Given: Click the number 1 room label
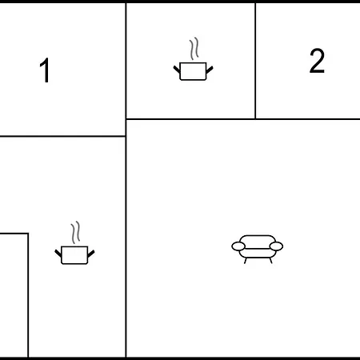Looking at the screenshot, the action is click(45, 70).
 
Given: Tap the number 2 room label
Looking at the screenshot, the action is click(317, 61).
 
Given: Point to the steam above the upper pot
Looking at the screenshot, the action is click(194, 49).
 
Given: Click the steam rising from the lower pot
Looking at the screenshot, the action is click(75, 232).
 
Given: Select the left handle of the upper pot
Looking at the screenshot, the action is click(177, 70).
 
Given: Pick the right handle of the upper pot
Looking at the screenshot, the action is click(210, 70).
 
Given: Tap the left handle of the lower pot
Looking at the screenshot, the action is click(58, 253).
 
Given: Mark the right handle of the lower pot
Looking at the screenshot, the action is click(91, 254).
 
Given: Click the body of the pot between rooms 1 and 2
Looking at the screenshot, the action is click(193, 71).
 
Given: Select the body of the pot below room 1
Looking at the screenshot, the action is click(74, 255).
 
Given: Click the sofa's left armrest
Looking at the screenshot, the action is click(238, 246).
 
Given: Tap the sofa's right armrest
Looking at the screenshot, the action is click(276, 246).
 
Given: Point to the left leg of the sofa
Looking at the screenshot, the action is click(246, 261).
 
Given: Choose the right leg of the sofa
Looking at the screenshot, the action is click(270, 261).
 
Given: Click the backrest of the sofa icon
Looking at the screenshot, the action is click(258, 239).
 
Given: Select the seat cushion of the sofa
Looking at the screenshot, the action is click(258, 254).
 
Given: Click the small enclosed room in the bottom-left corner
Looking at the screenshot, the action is click(14, 295).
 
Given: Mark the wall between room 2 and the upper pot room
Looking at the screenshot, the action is click(255, 61).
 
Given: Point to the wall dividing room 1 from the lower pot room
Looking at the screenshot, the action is click(62, 136).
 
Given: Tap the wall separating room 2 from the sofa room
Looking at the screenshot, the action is click(308, 119).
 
